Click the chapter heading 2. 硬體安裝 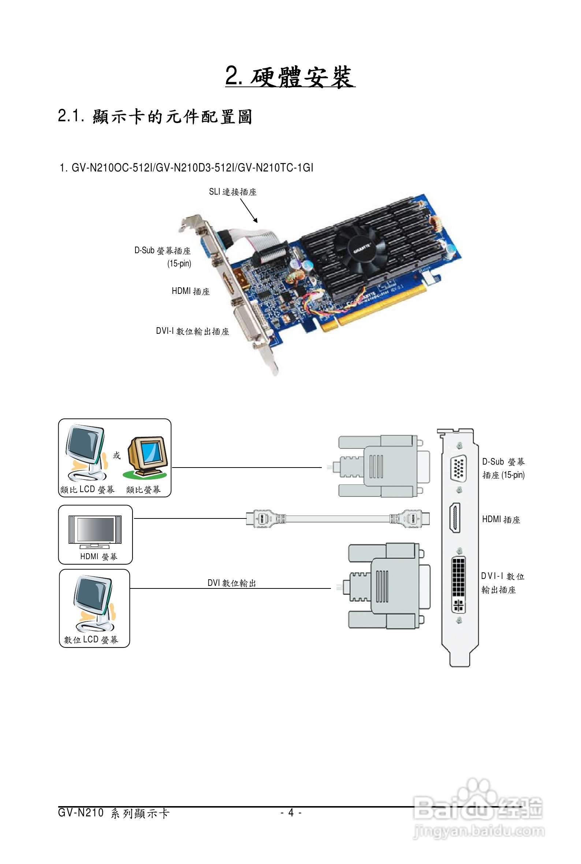[x=290, y=77]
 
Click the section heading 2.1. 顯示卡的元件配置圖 [x=155, y=117]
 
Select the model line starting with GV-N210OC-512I [x=186, y=167]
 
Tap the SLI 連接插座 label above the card [x=233, y=192]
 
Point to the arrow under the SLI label [x=249, y=210]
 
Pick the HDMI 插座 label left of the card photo [x=190, y=291]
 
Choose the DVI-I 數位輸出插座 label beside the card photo [x=192, y=331]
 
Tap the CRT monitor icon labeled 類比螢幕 [x=146, y=458]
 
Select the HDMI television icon [x=95, y=532]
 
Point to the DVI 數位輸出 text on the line [x=232, y=583]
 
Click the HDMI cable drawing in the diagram [x=338, y=518]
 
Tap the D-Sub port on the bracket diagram [x=459, y=468]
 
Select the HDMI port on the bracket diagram [x=455, y=518]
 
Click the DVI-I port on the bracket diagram [x=458, y=585]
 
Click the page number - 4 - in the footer [x=291, y=813]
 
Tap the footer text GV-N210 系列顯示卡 [x=114, y=813]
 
